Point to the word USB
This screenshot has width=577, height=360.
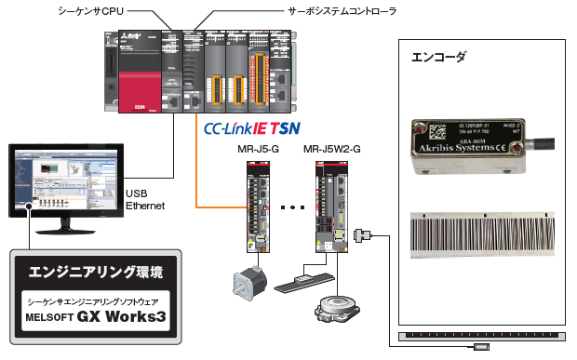pyautogui.click(x=137, y=193)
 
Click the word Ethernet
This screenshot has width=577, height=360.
pyautogui.click(x=145, y=205)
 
